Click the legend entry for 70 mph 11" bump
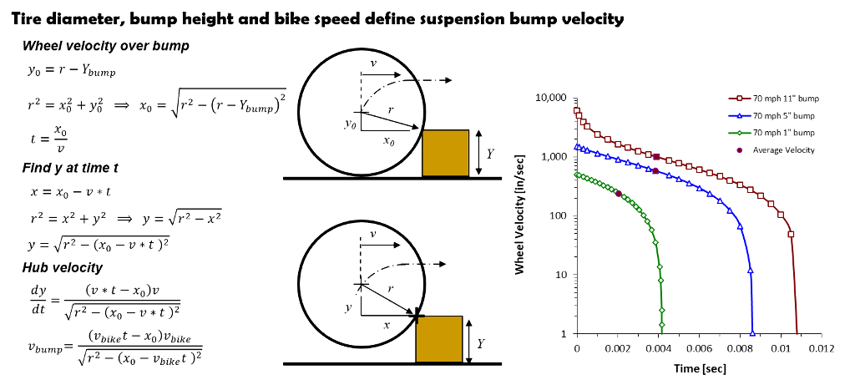tap(774, 99)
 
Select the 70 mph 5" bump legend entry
tap(772, 115)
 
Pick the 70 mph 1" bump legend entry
tap(772, 133)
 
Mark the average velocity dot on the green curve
tap(619, 194)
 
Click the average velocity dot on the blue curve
tap(655, 171)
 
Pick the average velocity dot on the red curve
tap(656, 157)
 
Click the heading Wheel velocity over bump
tap(106, 47)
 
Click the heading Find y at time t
tap(71, 168)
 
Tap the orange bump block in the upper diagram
tap(446, 153)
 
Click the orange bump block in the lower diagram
tap(439, 338)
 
